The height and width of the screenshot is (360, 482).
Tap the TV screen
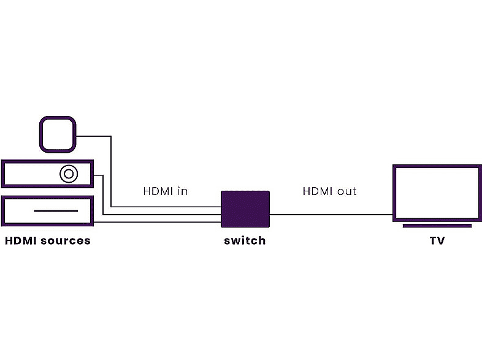(437, 192)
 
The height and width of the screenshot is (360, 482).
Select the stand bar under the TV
(437, 226)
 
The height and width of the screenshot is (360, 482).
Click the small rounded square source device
(58, 134)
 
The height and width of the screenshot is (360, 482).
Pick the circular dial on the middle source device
(68, 174)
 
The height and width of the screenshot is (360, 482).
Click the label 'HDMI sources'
(48, 240)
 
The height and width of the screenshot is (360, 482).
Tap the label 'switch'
(245, 240)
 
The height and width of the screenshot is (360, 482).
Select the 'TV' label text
(437, 240)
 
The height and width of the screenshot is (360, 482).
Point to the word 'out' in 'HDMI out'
(346, 191)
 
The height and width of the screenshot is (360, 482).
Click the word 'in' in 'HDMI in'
(182, 191)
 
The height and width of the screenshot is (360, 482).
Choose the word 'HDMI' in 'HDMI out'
(318, 191)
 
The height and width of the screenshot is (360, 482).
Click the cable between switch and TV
(331, 215)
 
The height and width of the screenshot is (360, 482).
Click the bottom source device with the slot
(18, 210)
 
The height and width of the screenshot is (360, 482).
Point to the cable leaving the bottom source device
(153, 221)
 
